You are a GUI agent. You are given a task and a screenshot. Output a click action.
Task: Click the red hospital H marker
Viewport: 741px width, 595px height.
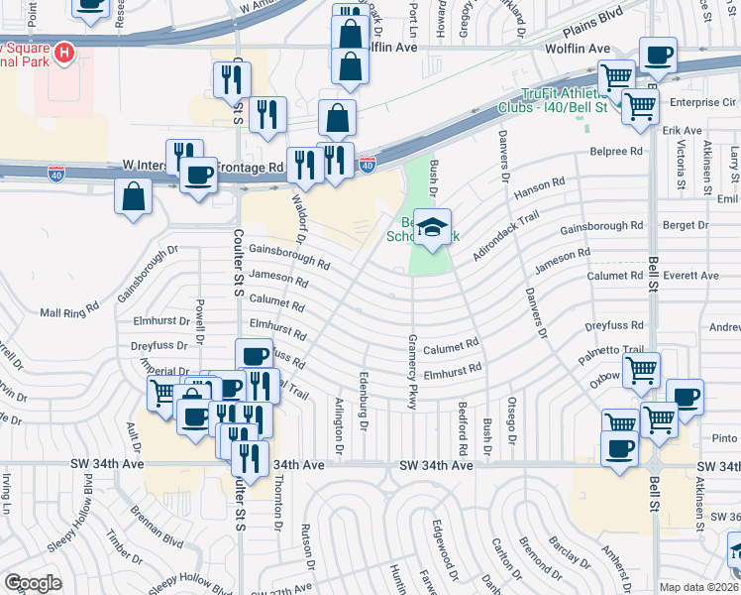64,52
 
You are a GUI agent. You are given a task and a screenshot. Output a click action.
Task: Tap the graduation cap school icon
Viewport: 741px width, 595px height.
433,227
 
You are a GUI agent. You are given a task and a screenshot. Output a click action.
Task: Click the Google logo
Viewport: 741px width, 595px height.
33,583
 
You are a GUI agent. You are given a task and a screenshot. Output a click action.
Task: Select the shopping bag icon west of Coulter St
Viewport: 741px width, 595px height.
134,196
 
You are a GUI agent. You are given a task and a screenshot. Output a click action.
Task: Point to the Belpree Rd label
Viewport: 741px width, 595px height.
615,152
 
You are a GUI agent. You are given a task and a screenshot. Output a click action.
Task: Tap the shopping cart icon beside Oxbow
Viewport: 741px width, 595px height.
642,371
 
